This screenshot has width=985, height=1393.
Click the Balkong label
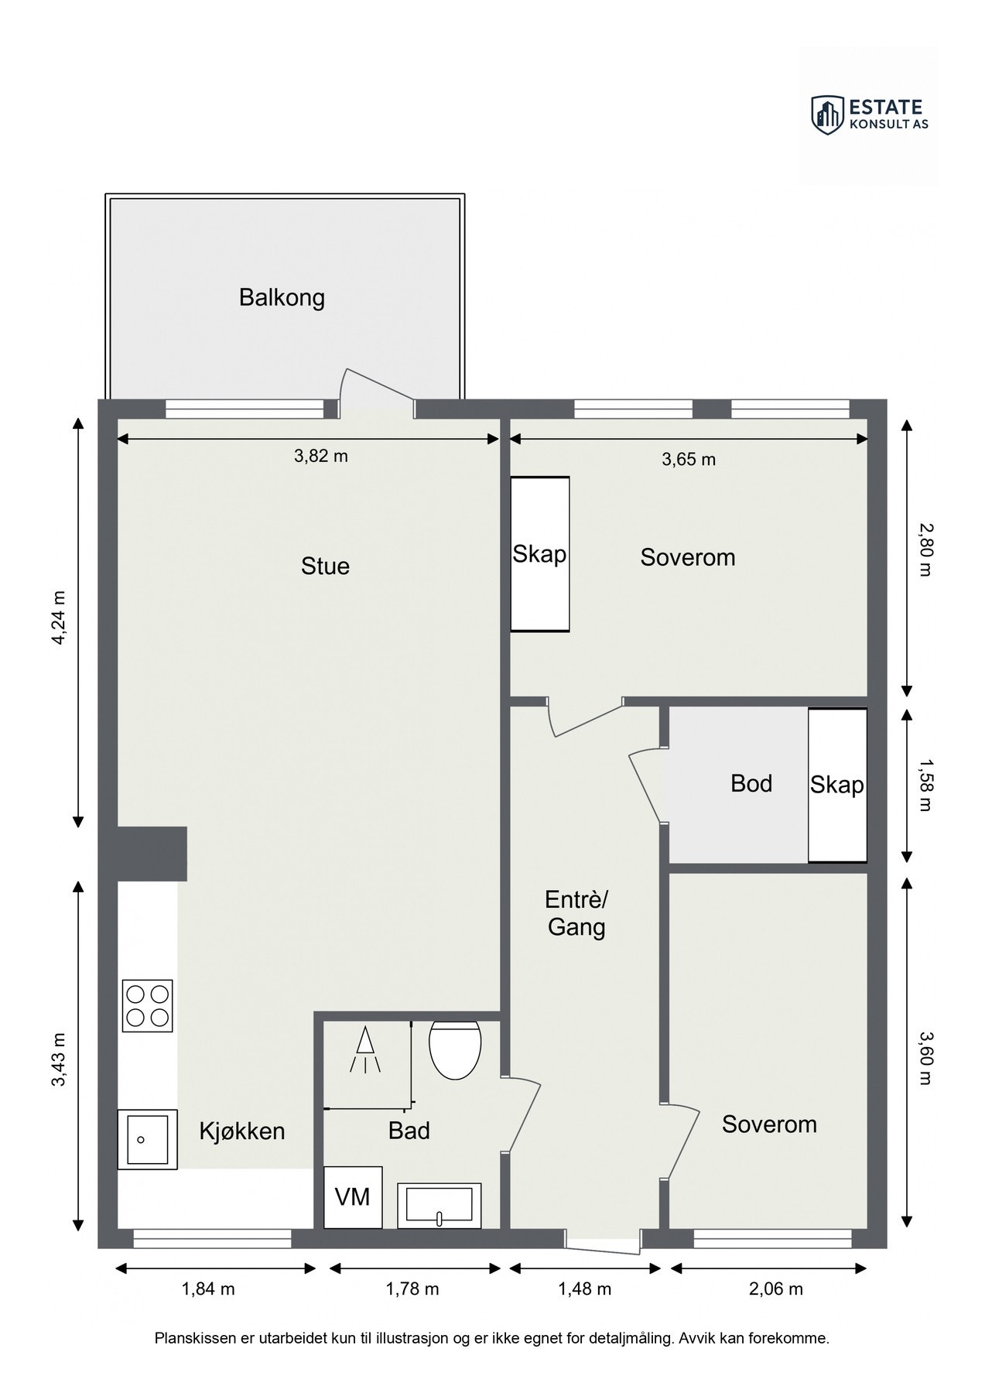click(x=282, y=298)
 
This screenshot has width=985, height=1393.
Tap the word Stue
click(x=325, y=566)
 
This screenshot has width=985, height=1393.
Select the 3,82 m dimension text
click(x=320, y=457)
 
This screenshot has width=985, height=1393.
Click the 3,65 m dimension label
click(x=688, y=460)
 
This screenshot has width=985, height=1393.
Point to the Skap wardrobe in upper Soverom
click(x=539, y=554)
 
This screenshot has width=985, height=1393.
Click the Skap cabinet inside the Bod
click(x=837, y=785)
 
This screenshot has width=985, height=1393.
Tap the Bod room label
click(x=751, y=784)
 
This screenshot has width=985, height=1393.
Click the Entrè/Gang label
click(x=576, y=913)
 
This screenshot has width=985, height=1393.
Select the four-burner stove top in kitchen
click(x=147, y=1005)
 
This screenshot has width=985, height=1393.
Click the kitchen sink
click(x=147, y=1139)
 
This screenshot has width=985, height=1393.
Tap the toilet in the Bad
click(x=455, y=1049)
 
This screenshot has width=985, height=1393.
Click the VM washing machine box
click(x=353, y=1197)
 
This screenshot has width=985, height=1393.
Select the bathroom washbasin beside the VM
click(x=439, y=1206)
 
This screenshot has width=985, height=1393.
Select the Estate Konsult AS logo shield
click(x=827, y=115)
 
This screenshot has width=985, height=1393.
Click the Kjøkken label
click(x=242, y=1131)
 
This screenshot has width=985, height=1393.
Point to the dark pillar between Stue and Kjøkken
click(x=152, y=853)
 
